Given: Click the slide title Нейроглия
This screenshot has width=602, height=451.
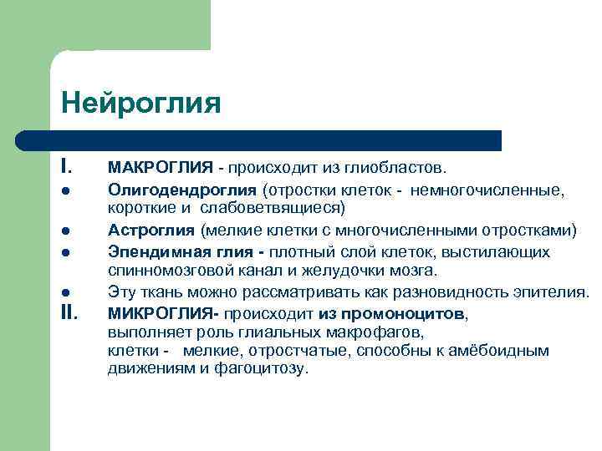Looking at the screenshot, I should (x=140, y=104).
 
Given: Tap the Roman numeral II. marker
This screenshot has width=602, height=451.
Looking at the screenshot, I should (x=69, y=314).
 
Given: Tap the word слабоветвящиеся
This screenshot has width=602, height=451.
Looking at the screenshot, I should (x=270, y=207).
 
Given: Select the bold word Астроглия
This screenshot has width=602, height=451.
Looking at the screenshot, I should (x=151, y=230).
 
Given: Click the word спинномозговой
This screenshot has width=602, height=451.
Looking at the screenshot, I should (x=161, y=271).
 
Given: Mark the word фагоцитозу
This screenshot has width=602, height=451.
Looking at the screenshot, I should (x=263, y=368).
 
